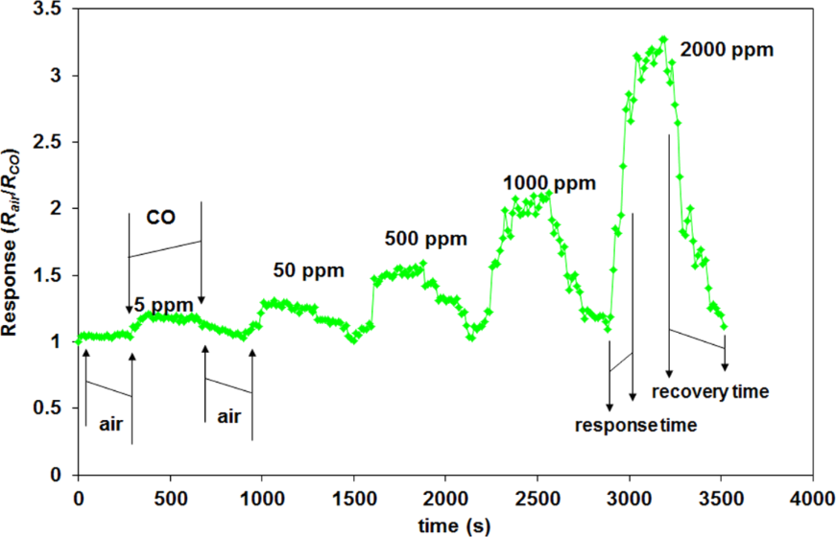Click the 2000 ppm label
click(x=726, y=49)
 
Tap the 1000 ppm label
click(x=548, y=182)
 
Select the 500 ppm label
click(x=425, y=237)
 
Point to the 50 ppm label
click(x=308, y=270)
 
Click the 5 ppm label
click(x=157, y=306)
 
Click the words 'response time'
click(x=635, y=424)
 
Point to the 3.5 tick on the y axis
click(x=48, y=10)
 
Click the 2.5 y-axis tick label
click(x=48, y=142)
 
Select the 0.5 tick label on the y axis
click(x=48, y=409)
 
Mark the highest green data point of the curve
click(x=663, y=39)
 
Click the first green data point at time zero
click(x=78, y=340)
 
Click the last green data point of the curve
click(x=725, y=327)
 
